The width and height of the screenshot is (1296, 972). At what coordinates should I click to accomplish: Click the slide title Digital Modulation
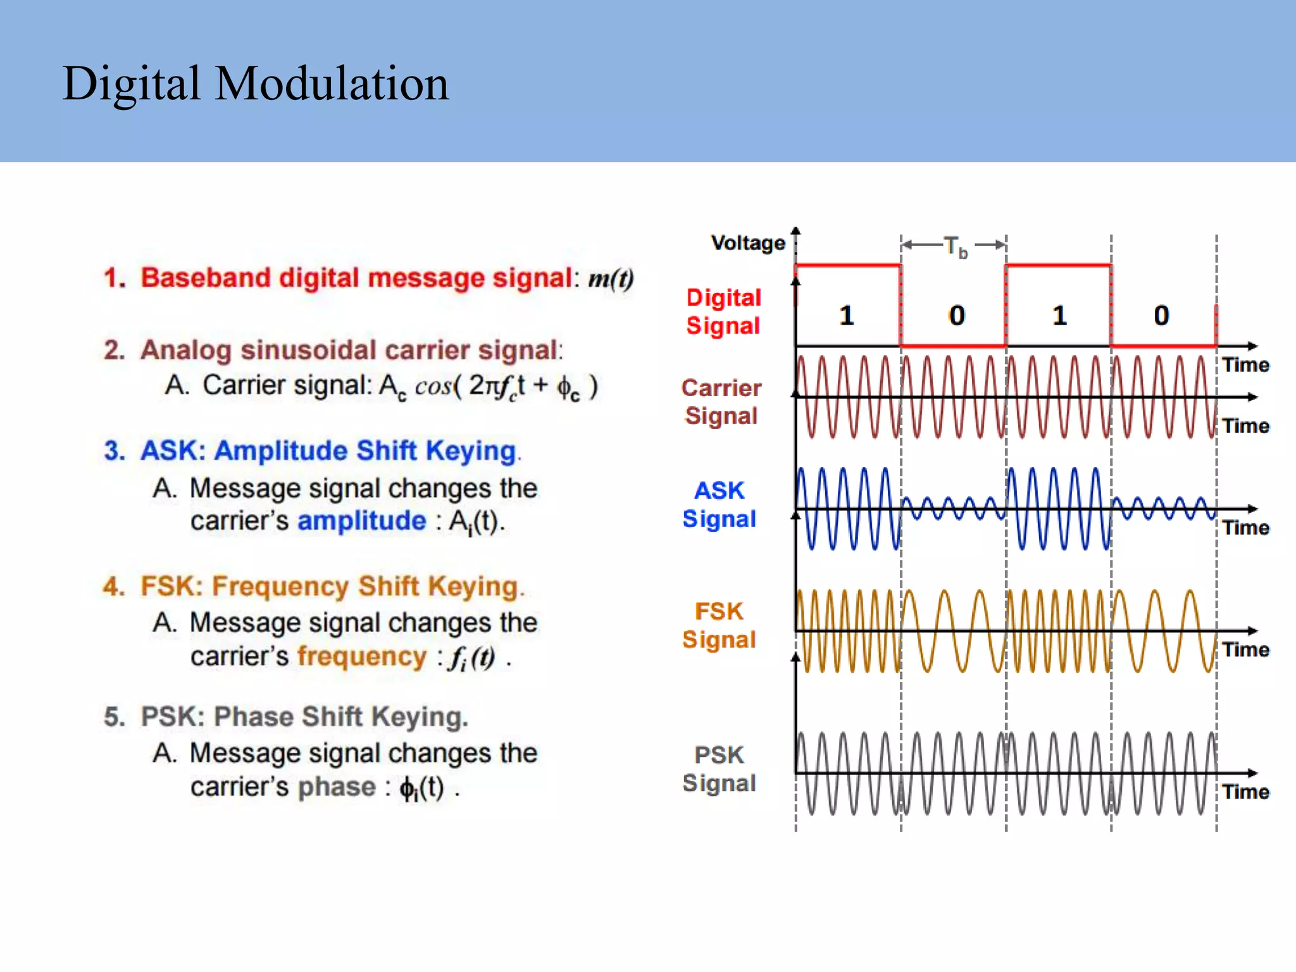point(256,84)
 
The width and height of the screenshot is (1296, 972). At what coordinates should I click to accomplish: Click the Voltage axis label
point(747,243)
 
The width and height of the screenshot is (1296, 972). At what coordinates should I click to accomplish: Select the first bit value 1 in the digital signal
point(847,315)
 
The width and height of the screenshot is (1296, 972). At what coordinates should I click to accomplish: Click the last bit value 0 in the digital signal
point(1161,315)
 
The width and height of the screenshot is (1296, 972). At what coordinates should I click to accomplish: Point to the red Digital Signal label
point(723,311)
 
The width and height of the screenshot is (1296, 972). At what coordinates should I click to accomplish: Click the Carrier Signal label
point(721,402)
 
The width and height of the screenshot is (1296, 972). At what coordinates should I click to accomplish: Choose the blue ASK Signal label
point(720,504)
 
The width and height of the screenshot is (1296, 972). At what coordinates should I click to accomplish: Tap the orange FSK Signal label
point(720,625)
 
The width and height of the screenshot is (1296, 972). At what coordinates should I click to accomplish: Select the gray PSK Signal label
point(720,769)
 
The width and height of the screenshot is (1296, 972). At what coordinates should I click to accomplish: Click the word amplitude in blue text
point(362,521)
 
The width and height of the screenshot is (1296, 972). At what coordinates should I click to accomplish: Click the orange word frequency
point(362,656)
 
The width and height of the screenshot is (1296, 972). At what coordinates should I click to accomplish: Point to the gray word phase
point(337,787)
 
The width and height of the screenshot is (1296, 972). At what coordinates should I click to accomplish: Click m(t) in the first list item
point(611,278)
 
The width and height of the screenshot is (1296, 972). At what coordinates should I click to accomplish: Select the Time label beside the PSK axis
point(1245,792)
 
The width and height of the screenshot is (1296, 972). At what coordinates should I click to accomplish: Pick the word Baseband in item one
point(205,278)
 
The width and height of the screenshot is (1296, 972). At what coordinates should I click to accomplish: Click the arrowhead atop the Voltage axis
point(796,231)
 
